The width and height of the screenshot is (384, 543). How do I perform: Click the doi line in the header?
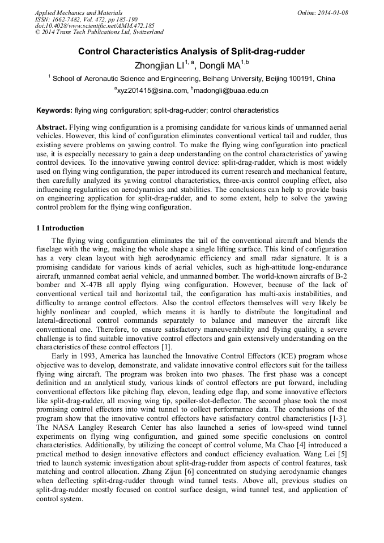[x=94, y=26]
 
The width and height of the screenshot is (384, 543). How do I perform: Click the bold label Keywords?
[x=54, y=110]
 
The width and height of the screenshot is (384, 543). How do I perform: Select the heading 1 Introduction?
[x=60, y=228]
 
